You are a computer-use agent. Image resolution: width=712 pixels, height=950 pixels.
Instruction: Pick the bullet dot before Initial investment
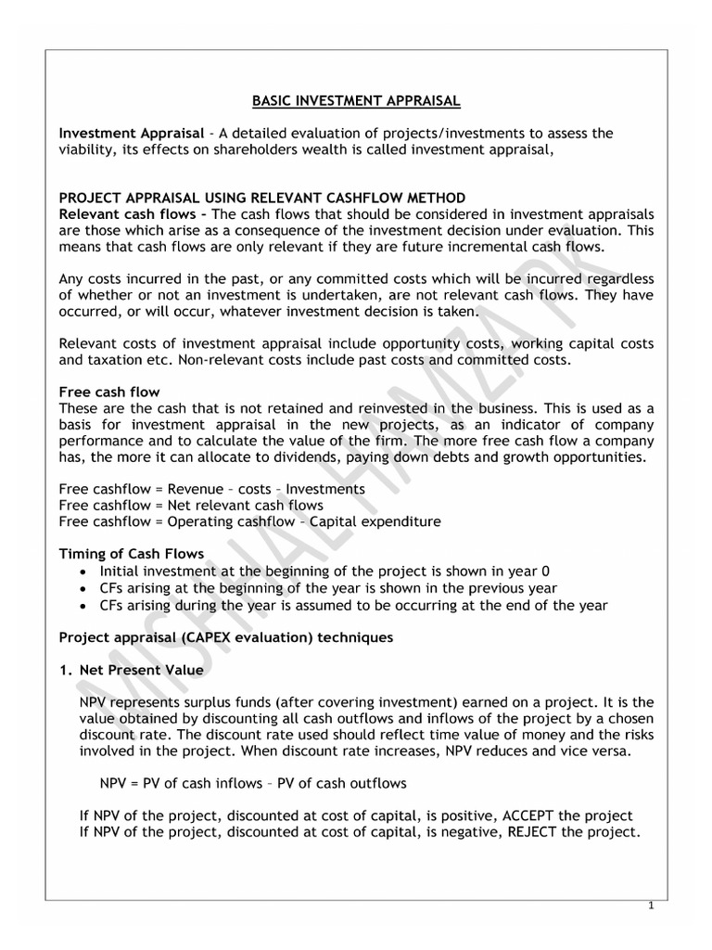86,571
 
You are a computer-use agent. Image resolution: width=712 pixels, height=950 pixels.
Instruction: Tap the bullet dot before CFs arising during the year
86,605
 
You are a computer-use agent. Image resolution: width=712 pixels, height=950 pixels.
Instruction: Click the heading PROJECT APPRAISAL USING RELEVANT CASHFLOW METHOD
262,198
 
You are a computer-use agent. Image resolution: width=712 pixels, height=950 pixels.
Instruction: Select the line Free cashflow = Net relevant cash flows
190,505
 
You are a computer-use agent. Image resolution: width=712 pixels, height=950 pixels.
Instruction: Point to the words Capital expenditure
375,521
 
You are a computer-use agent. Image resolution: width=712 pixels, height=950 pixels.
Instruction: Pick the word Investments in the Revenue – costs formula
324,488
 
